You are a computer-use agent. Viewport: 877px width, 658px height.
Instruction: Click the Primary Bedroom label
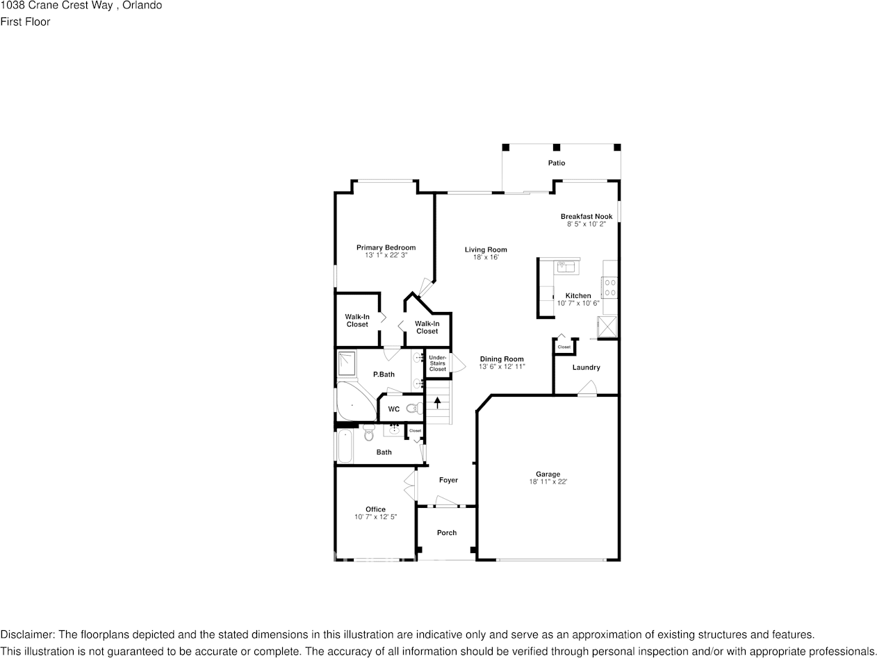tap(386, 247)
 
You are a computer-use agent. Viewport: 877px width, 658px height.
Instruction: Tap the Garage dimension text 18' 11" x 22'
tap(548, 482)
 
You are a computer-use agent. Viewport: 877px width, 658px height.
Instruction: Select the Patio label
tap(556, 163)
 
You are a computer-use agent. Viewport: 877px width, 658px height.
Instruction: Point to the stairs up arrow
tap(437, 402)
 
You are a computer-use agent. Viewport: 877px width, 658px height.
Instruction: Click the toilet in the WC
tap(412, 409)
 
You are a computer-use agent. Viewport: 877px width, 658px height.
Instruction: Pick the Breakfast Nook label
tap(587, 216)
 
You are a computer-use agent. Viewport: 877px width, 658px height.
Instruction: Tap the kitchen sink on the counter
tap(566, 266)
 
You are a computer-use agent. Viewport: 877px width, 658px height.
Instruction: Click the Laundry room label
tap(586, 367)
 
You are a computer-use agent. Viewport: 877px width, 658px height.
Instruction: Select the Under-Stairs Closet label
tap(437, 363)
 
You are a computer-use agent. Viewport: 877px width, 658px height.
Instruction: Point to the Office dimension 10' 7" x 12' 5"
tap(375, 517)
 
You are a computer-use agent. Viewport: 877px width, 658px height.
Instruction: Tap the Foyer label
tap(448, 480)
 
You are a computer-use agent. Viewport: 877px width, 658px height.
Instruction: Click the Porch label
tap(447, 533)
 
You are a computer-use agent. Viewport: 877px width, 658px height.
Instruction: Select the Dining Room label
tap(501, 359)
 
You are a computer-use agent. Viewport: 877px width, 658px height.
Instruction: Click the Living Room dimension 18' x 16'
tap(486, 257)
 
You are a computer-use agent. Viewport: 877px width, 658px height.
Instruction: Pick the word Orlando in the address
tap(144, 6)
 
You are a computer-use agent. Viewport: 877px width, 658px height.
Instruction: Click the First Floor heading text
tap(25, 22)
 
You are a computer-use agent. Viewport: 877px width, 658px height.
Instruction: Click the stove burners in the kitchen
tap(609, 286)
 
